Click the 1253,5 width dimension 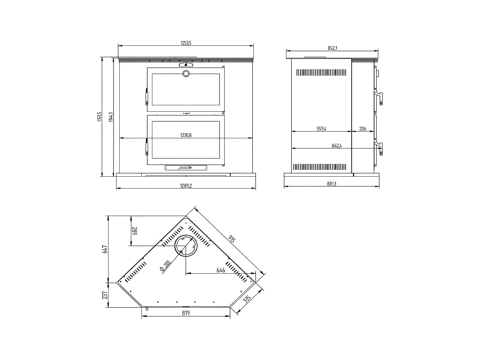click(186, 43)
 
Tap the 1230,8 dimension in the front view click(186, 135)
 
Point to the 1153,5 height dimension click(100, 117)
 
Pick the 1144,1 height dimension click(111, 117)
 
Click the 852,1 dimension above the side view click(332, 48)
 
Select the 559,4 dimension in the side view click(321, 129)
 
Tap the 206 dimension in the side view click(363, 129)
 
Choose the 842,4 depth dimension click(337, 146)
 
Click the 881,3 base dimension click(332, 184)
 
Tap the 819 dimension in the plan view click(186, 313)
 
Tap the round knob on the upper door click(186, 74)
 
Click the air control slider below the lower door click(186, 168)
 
